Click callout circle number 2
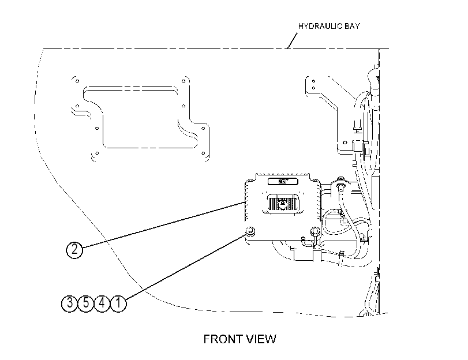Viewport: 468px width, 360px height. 74,249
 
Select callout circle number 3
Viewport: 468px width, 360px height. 69,303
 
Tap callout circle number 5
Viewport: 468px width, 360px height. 85,303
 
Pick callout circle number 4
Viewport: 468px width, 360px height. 102,303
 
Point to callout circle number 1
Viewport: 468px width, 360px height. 118,303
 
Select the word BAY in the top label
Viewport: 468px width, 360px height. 352,26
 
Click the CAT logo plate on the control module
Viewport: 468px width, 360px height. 283,181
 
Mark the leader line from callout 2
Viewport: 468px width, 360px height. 163,225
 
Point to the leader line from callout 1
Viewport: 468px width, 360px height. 185,267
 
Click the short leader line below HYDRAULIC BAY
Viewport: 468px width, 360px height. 293,40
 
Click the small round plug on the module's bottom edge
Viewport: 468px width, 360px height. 303,239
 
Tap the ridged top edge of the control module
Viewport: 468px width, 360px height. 283,175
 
